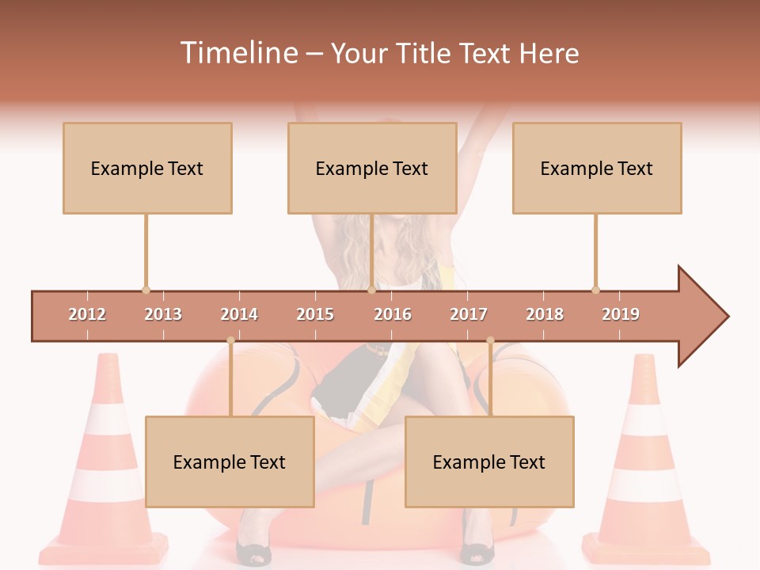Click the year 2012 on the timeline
[87, 314]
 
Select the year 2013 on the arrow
[163, 314]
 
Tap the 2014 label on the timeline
[239, 314]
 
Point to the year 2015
[315, 314]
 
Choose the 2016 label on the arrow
[393, 314]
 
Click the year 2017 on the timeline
[469, 314]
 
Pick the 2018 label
[545, 314]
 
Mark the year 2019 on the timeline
[621, 314]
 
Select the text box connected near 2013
[147, 168]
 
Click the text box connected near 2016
[372, 168]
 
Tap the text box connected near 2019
[597, 168]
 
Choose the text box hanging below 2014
[230, 462]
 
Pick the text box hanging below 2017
[489, 462]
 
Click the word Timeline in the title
[237, 53]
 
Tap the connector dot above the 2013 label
[146, 290]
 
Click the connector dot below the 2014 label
[230, 340]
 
